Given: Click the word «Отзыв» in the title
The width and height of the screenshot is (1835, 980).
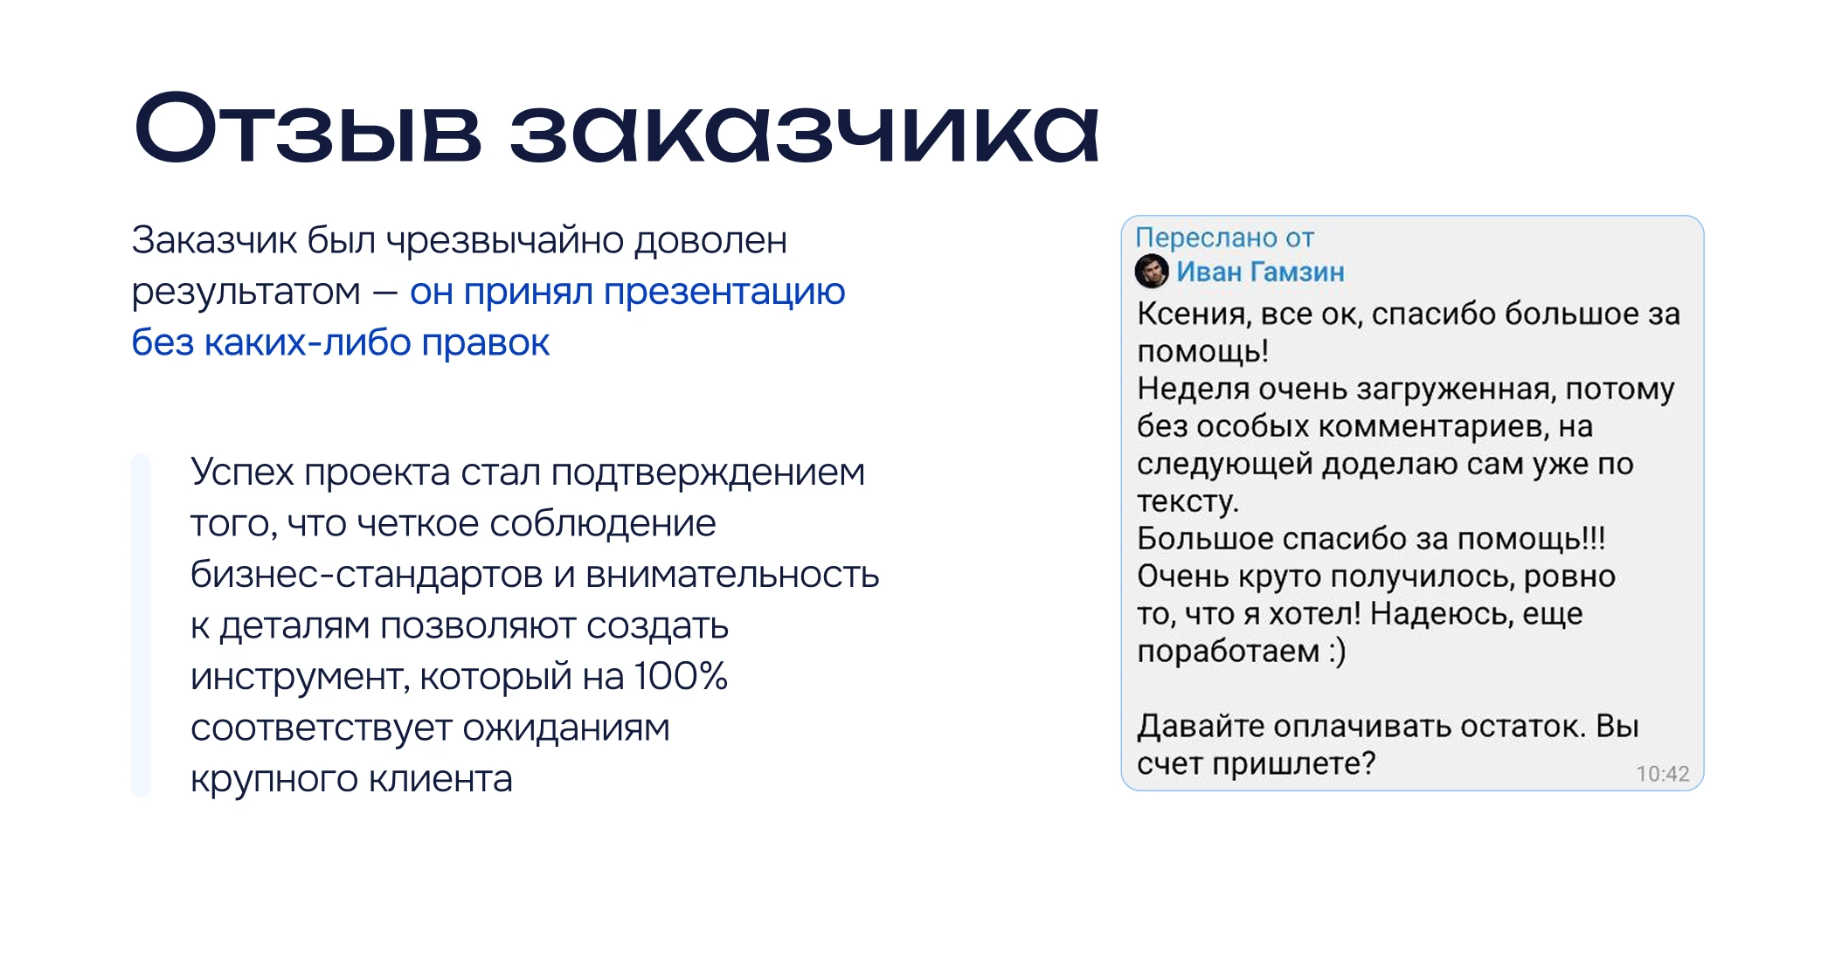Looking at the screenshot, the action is pos(308,128).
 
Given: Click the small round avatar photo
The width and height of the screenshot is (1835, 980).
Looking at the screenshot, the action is pos(1151,272).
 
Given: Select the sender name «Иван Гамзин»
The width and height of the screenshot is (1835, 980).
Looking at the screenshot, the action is pos(1260,272).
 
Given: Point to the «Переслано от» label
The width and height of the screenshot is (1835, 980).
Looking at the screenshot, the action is pos(1224,238).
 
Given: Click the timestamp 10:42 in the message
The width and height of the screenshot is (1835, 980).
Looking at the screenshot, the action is pos(1662,774).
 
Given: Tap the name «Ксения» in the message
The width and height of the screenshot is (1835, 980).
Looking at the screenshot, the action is pos(1191,314).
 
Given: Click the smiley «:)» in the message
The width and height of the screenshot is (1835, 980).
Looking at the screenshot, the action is pos(1337,652).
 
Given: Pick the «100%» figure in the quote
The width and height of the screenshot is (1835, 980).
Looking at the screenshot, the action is pos(681,676).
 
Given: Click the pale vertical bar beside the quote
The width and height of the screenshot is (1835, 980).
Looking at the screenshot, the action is pos(141,625).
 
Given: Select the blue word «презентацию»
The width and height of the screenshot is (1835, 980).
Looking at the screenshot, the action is pos(724,292).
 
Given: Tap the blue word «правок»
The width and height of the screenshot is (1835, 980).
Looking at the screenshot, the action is pos(486,342).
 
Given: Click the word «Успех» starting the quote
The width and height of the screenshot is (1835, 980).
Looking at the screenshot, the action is pos(242,473).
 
